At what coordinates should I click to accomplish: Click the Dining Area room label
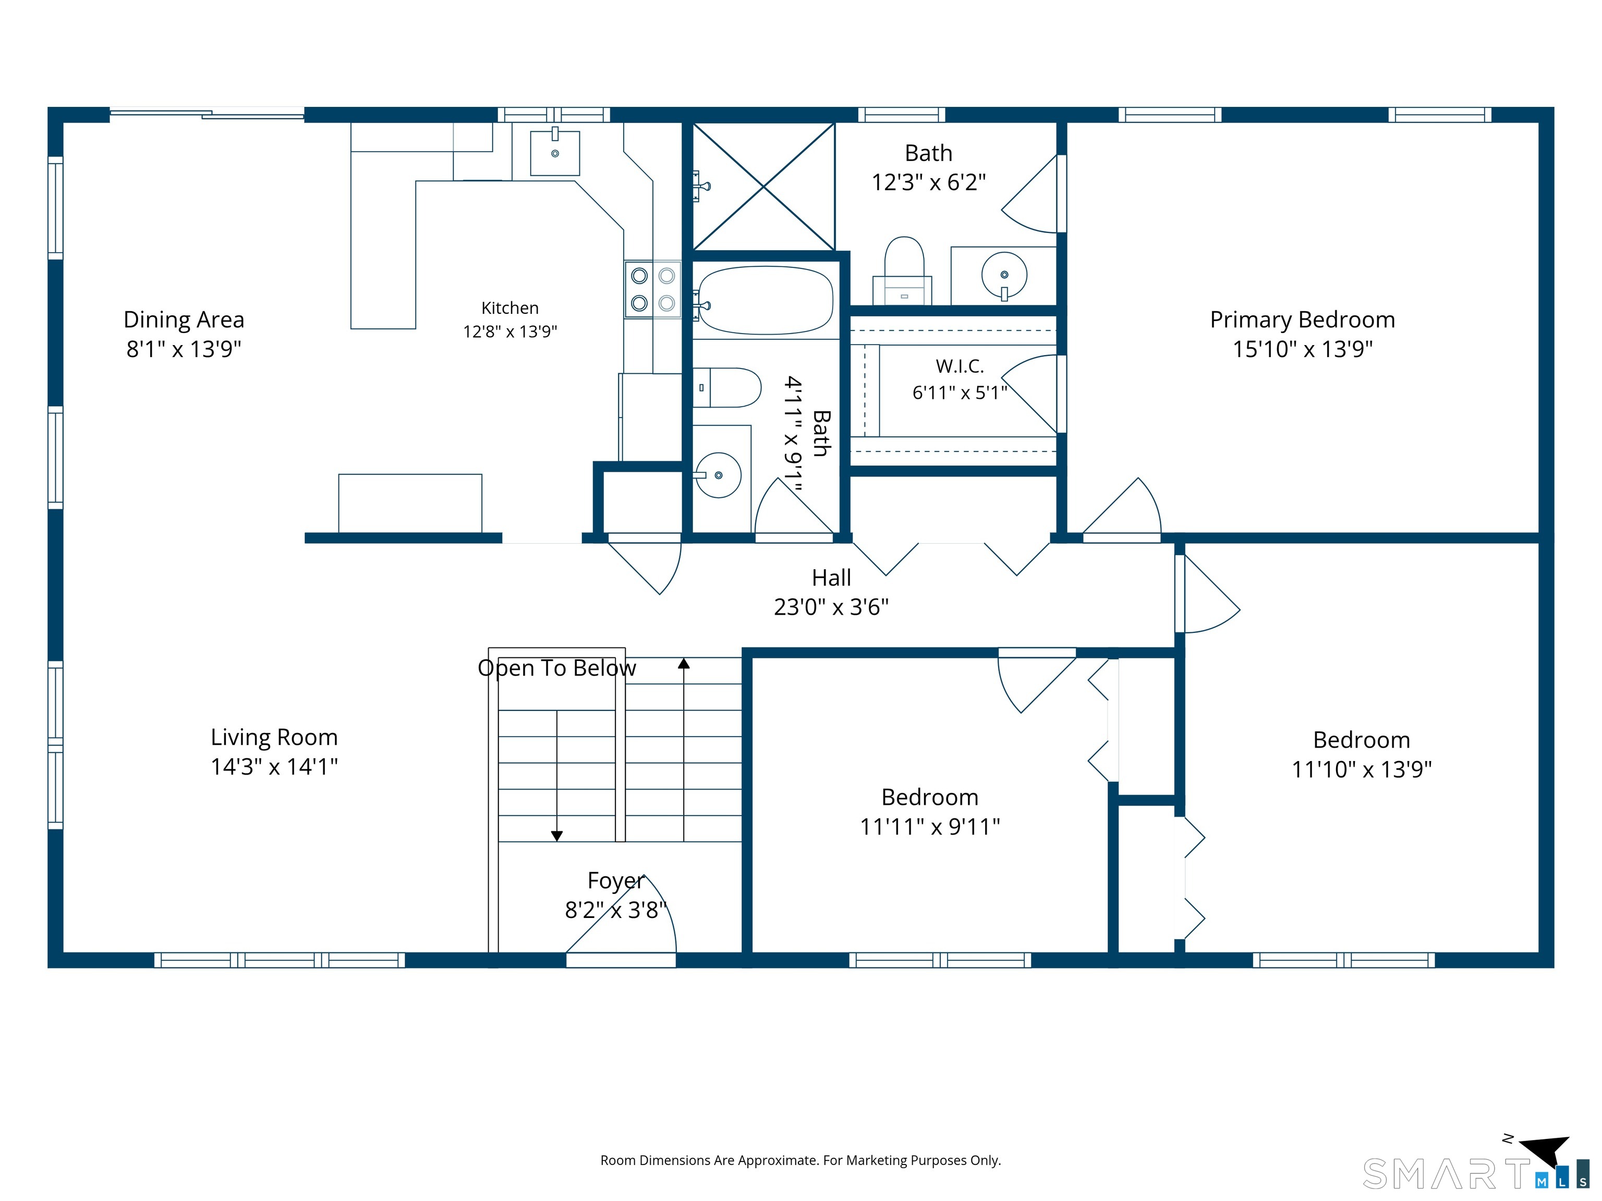click(x=184, y=319)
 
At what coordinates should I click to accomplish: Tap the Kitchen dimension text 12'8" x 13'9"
click(x=510, y=332)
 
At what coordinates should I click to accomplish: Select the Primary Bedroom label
click(x=1302, y=319)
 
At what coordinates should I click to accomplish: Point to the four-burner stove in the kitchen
click(x=652, y=289)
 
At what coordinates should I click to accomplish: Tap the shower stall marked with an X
click(x=764, y=187)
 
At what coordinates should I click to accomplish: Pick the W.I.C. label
click(x=960, y=366)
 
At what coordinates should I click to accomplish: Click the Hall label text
click(x=831, y=578)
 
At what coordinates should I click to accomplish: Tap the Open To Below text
click(x=557, y=667)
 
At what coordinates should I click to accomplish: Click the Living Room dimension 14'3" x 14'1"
click(x=274, y=766)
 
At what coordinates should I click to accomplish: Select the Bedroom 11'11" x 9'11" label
click(x=930, y=812)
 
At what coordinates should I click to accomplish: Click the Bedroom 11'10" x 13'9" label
click(x=1362, y=754)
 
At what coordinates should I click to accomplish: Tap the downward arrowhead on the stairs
click(x=557, y=836)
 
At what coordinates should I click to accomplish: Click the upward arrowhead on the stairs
click(x=684, y=663)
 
